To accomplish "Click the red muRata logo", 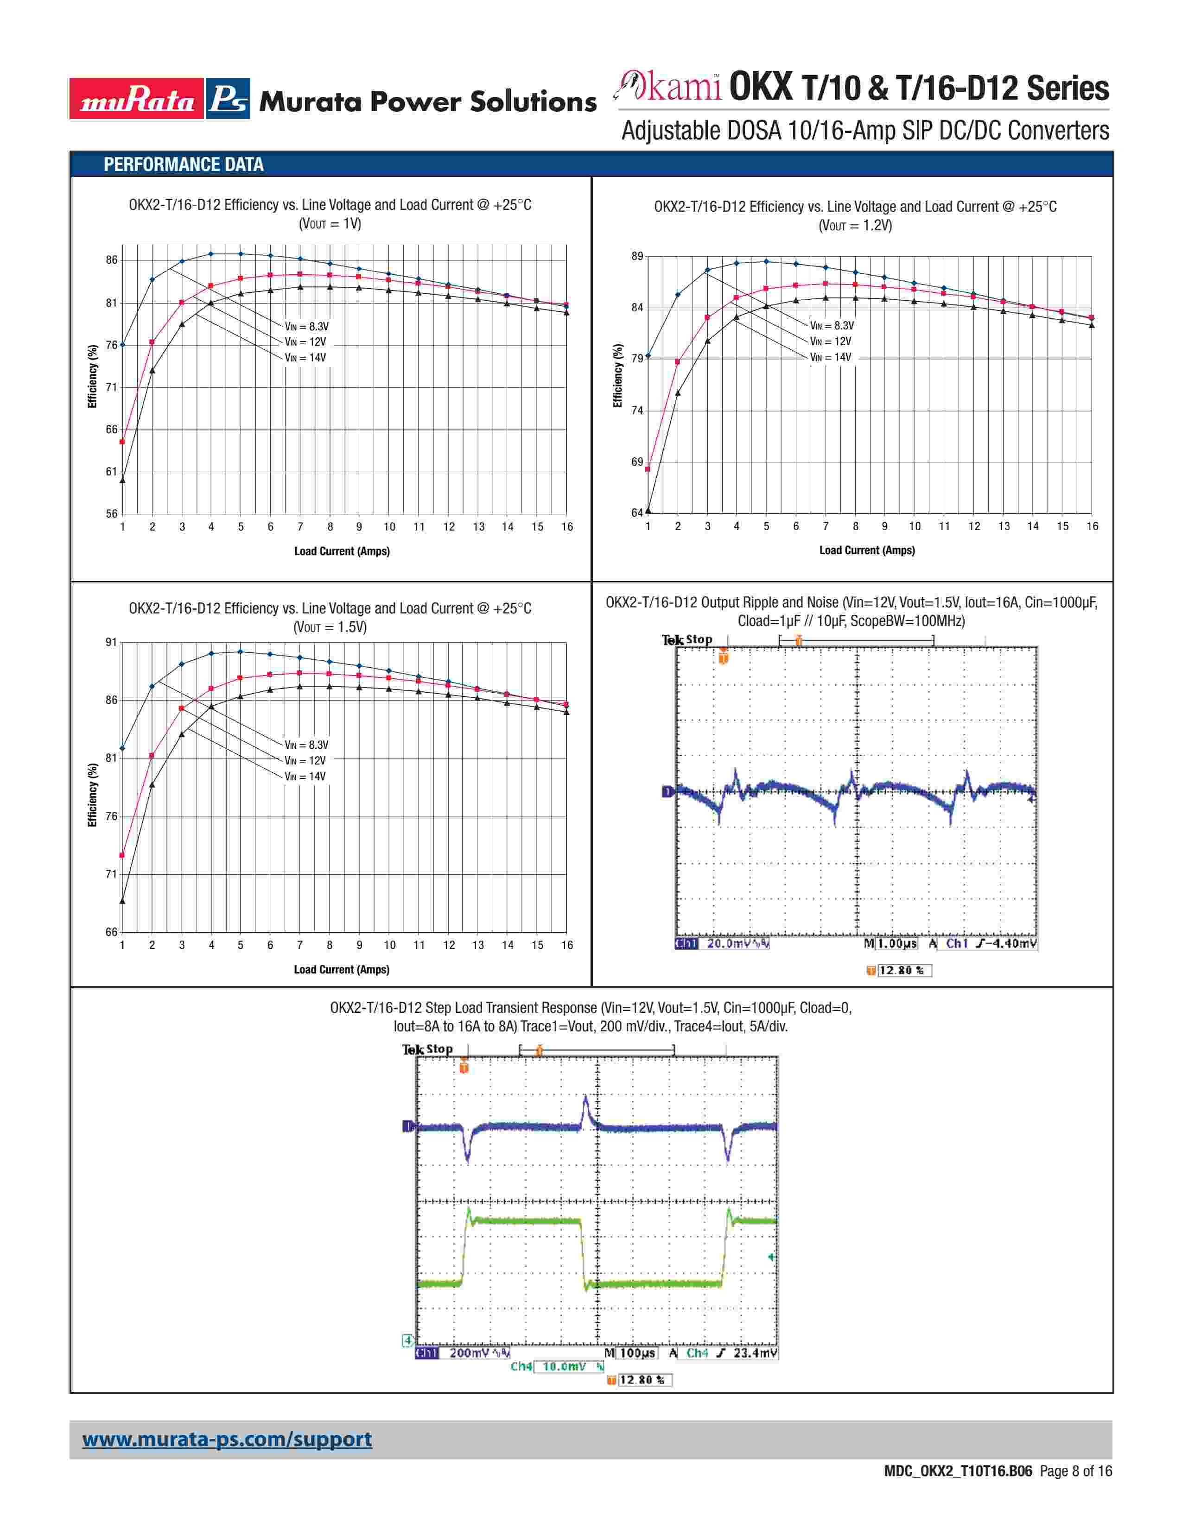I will pyautogui.click(x=137, y=99).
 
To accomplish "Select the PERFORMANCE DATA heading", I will pyautogui.click(x=184, y=164).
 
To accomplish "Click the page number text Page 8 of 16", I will pyautogui.click(x=1075, y=1471).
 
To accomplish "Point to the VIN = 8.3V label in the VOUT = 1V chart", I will pyautogui.click(x=307, y=326).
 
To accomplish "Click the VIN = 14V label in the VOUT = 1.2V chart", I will pyautogui.click(x=831, y=357).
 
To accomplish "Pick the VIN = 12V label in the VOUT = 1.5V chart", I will pyautogui.click(x=305, y=760).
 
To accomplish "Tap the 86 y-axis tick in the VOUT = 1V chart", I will pyautogui.click(x=111, y=260).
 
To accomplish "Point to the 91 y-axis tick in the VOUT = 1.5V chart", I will pyautogui.click(x=111, y=642).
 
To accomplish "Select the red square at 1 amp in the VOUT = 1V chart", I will pyautogui.click(x=122, y=442).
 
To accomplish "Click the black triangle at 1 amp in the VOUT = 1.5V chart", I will pyautogui.click(x=122, y=901).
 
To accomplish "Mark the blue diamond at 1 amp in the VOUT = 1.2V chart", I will pyautogui.click(x=648, y=356).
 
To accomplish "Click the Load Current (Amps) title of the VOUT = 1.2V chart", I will pyautogui.click(x=867, y=550).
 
